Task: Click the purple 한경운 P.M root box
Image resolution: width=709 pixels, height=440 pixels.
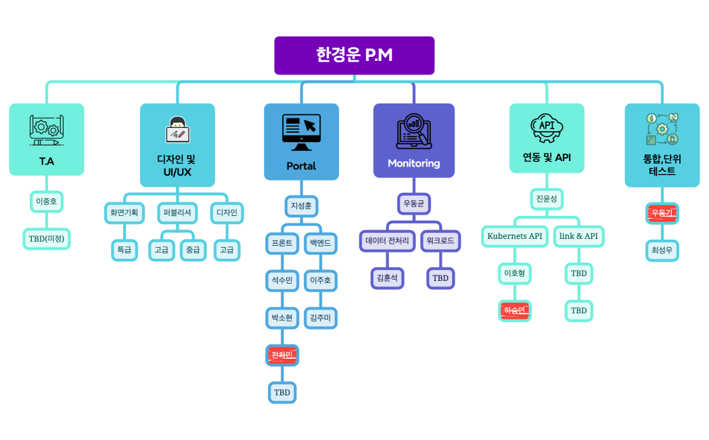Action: click(354, 56)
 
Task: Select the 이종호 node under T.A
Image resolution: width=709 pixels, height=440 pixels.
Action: click(47, 201)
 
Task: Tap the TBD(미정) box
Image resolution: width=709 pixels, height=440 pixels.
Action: click(47, 238)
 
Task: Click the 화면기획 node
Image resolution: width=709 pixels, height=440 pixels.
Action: click(124, 213)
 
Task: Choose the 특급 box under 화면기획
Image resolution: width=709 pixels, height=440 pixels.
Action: click(124, 250)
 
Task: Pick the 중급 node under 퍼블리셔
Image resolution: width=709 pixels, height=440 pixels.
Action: click(193, 250)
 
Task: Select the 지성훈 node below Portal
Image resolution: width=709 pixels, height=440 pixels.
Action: click(301, 206)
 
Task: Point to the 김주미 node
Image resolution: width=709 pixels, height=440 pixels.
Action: click(320, 317)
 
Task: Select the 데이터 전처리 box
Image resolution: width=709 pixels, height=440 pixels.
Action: click(387, 240)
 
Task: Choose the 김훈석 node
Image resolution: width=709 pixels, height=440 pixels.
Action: click(387, 278)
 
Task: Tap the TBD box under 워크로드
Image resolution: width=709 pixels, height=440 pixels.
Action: click(440, 278)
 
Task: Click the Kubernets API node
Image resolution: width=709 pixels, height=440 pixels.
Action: click(515, 236)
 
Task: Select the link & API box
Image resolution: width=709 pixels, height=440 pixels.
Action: click(578, 236)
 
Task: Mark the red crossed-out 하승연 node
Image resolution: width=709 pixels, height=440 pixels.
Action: click(515, 311)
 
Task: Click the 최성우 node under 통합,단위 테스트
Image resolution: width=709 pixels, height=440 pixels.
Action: click(662, 250)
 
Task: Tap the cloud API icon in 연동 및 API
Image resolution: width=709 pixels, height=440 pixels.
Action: click(547, 127)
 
